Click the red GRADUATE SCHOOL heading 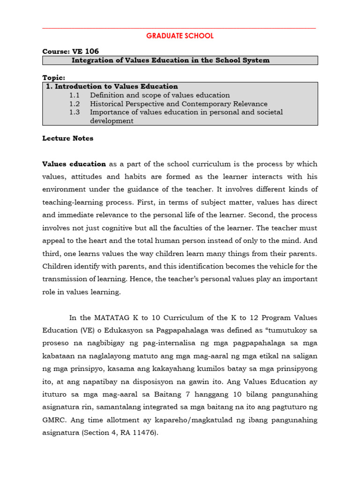click(180, 36)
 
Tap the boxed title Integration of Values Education click(170, 60)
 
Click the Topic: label click(54, 77)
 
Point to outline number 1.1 click(75, 95)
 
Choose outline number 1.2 click(75, 104)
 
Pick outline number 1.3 click(75, 112)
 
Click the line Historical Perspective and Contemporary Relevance click(179, 104)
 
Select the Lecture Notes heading click(68, 138)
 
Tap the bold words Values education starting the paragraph click(74, 164)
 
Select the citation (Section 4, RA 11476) click(120, 433)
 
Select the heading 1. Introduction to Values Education click(112, 86)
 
